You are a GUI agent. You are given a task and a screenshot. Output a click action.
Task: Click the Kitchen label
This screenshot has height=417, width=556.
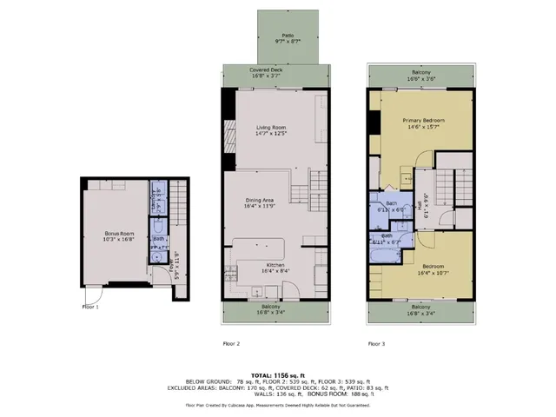(276, 263)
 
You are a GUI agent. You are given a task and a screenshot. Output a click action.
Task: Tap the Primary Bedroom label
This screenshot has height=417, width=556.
(423, 120)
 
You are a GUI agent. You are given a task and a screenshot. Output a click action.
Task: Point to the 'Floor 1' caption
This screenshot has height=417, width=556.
(91, 307)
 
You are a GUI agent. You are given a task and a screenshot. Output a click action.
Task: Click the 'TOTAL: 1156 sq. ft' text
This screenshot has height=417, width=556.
(277, 372)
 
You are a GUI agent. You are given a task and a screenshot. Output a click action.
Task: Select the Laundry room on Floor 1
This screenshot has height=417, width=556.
(157, 198)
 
